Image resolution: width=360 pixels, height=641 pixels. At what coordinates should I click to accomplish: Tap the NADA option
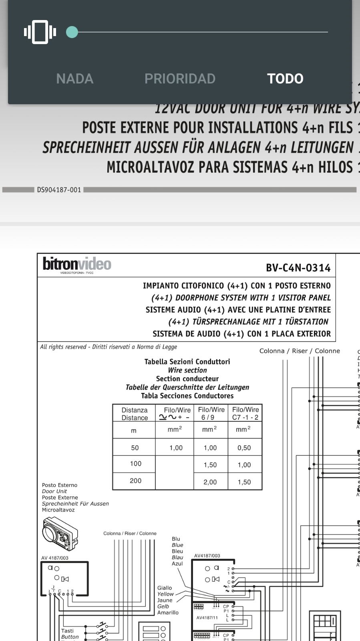75,79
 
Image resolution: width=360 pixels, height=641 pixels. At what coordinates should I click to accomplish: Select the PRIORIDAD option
180,79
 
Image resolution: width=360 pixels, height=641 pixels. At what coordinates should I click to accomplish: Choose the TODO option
285,79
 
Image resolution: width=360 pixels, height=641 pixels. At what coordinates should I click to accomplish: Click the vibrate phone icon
40,32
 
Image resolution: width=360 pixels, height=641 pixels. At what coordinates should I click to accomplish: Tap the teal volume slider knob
72,32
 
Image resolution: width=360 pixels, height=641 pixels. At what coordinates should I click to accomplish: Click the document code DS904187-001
59,190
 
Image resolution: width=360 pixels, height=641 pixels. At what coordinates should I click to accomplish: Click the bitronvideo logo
77,265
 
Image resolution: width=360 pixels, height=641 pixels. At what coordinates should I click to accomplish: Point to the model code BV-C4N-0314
298,268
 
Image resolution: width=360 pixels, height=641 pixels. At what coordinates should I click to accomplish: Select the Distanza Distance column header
135,414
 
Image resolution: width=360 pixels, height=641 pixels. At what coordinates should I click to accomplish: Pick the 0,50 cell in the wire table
244,448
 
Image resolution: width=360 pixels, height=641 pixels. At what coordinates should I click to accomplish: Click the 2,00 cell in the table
210,482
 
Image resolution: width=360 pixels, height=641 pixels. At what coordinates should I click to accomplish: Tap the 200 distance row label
135,481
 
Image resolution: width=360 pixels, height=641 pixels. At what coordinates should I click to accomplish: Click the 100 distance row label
135,463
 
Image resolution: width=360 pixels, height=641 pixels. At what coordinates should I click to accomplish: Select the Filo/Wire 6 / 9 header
211,413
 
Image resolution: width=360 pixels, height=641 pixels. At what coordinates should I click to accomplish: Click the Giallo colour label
165,588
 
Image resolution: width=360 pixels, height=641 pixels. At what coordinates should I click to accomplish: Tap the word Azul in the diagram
177,564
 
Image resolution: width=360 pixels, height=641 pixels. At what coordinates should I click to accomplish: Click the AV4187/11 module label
207,618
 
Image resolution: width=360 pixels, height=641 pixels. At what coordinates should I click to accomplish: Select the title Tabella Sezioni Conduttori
187,362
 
